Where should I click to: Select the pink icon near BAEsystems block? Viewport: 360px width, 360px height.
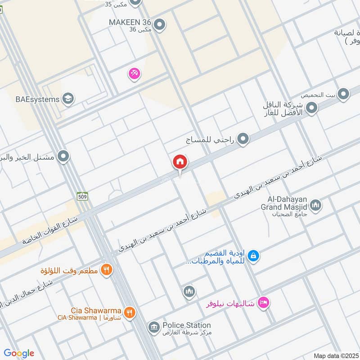[x=134, y=73]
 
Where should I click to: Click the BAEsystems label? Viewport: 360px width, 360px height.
[x=37, y=99]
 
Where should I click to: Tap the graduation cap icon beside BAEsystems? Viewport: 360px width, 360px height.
[x=68, y=99]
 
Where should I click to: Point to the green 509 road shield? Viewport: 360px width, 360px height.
[x=82, y=196]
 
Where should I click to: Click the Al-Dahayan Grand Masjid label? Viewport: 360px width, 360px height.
[x=284, y=203]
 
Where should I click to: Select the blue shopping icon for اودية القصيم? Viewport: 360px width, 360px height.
[x=254, y=256]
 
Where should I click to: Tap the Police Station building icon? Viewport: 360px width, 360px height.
[x=153, y=327]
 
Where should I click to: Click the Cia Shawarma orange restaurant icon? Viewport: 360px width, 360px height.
[x=130, y=312]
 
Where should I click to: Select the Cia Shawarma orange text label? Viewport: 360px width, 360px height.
[x=96, y=310]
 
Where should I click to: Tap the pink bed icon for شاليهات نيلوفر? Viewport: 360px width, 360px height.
[x=265, y=303]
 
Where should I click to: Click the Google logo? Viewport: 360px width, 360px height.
[x=19, y=353]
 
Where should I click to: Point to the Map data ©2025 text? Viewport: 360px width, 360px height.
[x=335, y=355]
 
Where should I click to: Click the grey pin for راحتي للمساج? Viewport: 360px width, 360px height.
[x=243, y=139]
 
